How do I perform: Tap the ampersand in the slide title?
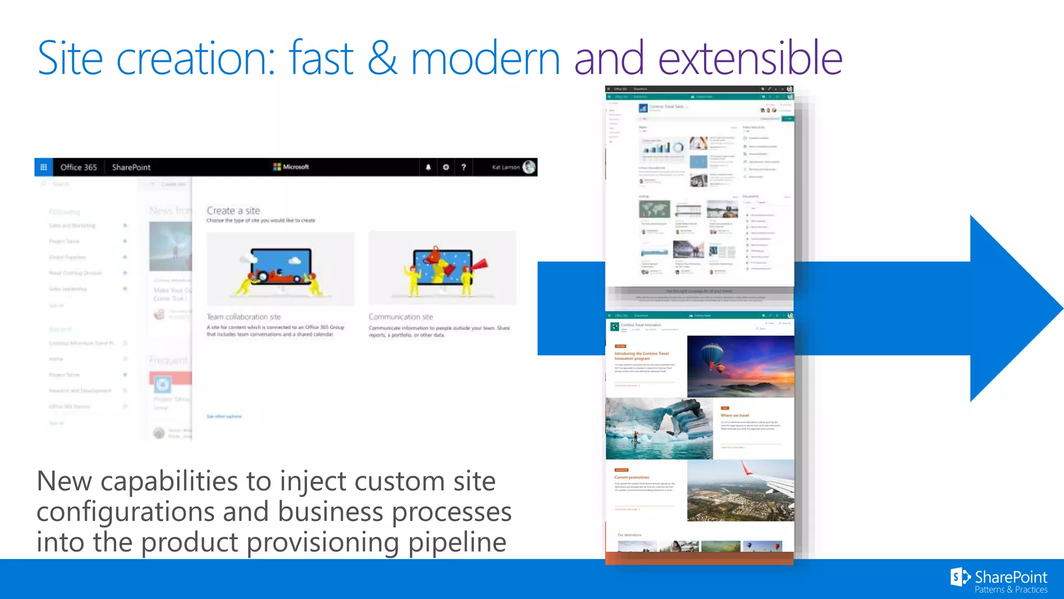pos(382,58)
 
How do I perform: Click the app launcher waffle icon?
pos(44,167)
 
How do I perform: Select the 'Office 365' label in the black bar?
pos(78,167)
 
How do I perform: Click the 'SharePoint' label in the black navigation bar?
pos(131,167)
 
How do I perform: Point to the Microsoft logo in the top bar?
pos(291,167)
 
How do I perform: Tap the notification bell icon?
pos(428,167)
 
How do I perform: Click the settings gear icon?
pos(446,167)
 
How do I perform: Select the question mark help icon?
pos(463,167)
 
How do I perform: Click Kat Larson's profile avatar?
pos(529,167)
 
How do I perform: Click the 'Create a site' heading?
pos(233,211)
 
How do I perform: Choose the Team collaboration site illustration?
pos(281,269)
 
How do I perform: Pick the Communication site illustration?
pos(442,269)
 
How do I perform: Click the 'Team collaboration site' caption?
pos(244,317)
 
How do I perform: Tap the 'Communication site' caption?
pos(401,317)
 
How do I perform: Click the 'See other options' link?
pos(224,416)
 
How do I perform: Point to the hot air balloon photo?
pos(740,367)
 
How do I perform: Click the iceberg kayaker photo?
pos(659,428)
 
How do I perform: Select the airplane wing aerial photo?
pos(740,490)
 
